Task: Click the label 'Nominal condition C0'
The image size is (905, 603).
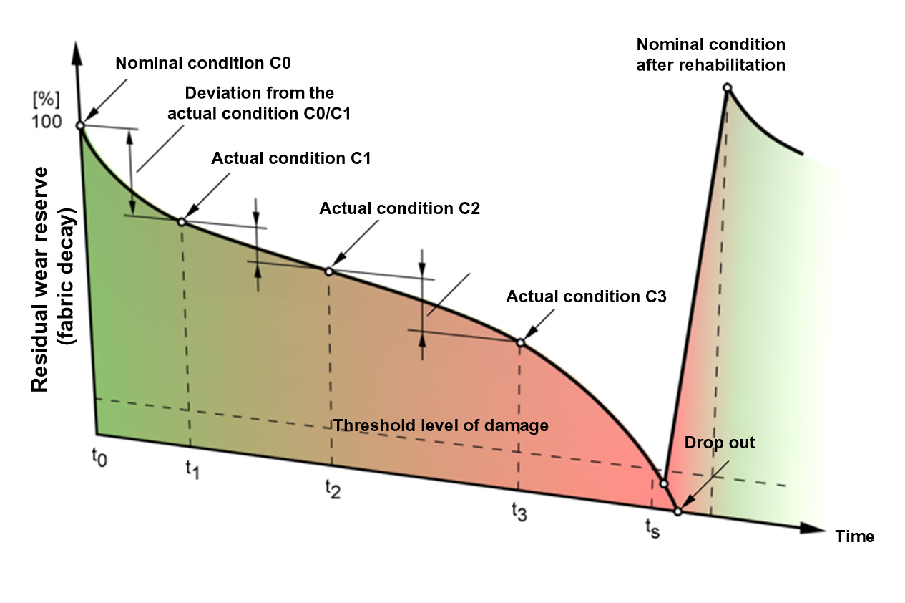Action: (202, 62)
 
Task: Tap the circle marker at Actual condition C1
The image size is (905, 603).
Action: (182, 222)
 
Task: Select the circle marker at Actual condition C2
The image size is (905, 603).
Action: (328, 271)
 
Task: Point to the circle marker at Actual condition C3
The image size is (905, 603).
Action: (520, 342)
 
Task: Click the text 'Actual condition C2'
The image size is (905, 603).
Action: (399, 209)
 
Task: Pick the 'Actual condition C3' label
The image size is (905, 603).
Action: (586, 296)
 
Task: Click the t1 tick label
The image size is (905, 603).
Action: (191, 470)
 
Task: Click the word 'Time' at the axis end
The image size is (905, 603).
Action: (855, 536)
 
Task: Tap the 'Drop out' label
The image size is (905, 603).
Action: (720, 443)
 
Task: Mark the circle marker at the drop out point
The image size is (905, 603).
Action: (677, 511)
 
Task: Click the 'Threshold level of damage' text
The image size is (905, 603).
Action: (441, 425)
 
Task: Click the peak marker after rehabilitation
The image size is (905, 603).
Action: (727, 88)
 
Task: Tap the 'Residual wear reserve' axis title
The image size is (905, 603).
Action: (39, 279)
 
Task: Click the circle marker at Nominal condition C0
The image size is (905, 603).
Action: (81, 126)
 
